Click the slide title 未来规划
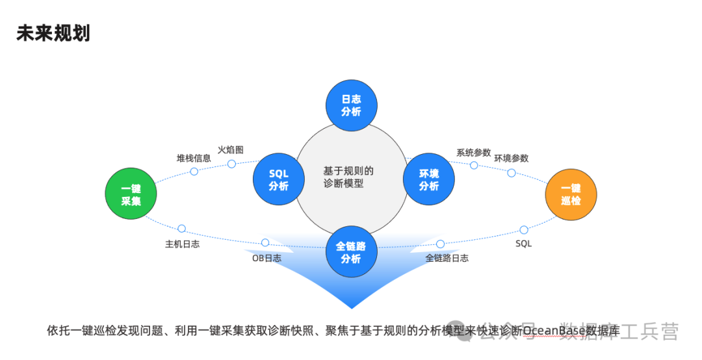(x=53, y=34)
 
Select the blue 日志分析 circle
(x=351, y=105)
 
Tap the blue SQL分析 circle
(x=279, y=179)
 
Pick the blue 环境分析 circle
(x=429, y=179)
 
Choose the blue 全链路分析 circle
(x=351, y=252)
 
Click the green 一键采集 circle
(x=131, y=194)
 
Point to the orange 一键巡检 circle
(x=571, y=194)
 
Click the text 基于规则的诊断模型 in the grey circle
(x=348, y=177)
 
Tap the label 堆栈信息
(x=194, y=158)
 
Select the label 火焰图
(x=231, y=149)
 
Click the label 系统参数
(x=473, y=153)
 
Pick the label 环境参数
(x=511, y=158)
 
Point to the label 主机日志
(x=182, y=244)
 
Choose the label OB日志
(x=266, y=258)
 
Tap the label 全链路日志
(x=447, y=258)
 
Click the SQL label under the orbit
(x=523, y=244)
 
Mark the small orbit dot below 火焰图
(x=231, y=164)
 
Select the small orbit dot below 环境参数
(x=511, y=173)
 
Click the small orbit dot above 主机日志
(x=181, y=229)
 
